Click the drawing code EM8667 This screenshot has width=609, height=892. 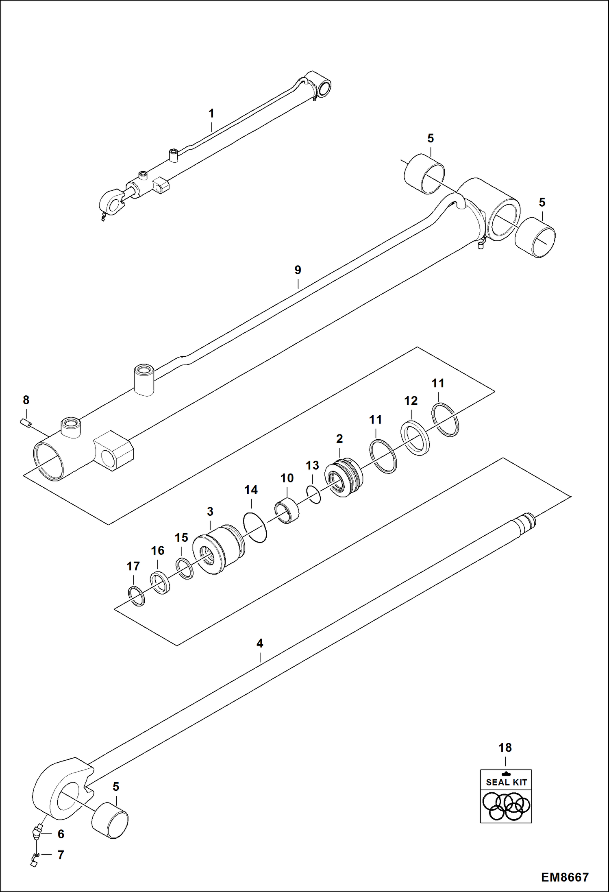[x=564, y=877]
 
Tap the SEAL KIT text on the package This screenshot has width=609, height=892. [x=506, y=782]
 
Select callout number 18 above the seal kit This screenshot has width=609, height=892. [x=505, y=748]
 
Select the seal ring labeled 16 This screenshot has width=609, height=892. [x=160, y=582]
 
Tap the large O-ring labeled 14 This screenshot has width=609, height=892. [x=255, y=528]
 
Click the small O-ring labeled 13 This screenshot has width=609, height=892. [x=313, y=494]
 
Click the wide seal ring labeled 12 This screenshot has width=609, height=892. [x=415, y=438]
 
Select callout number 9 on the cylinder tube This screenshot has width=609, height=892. [x=298, y=270]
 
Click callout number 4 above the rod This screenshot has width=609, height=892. [x=260, y=643]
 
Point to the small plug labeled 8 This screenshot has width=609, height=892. [x=26, y=423]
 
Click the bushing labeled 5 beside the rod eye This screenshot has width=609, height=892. [x=110, y=820]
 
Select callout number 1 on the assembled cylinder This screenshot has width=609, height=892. [x=211, y=113]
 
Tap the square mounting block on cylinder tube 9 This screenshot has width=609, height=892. [x=114, y=450]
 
